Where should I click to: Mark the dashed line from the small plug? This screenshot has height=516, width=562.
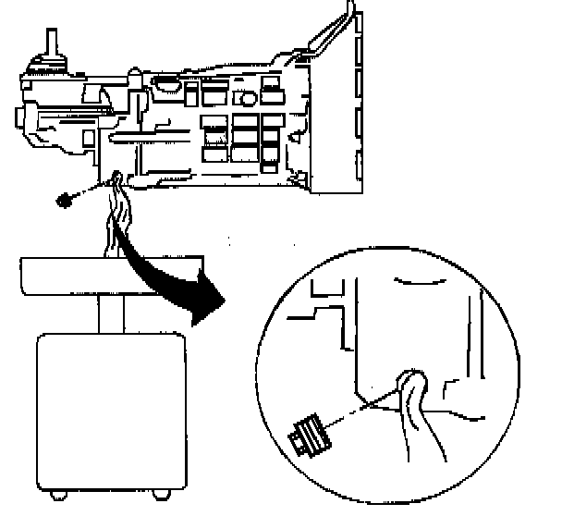coord(88,189)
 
